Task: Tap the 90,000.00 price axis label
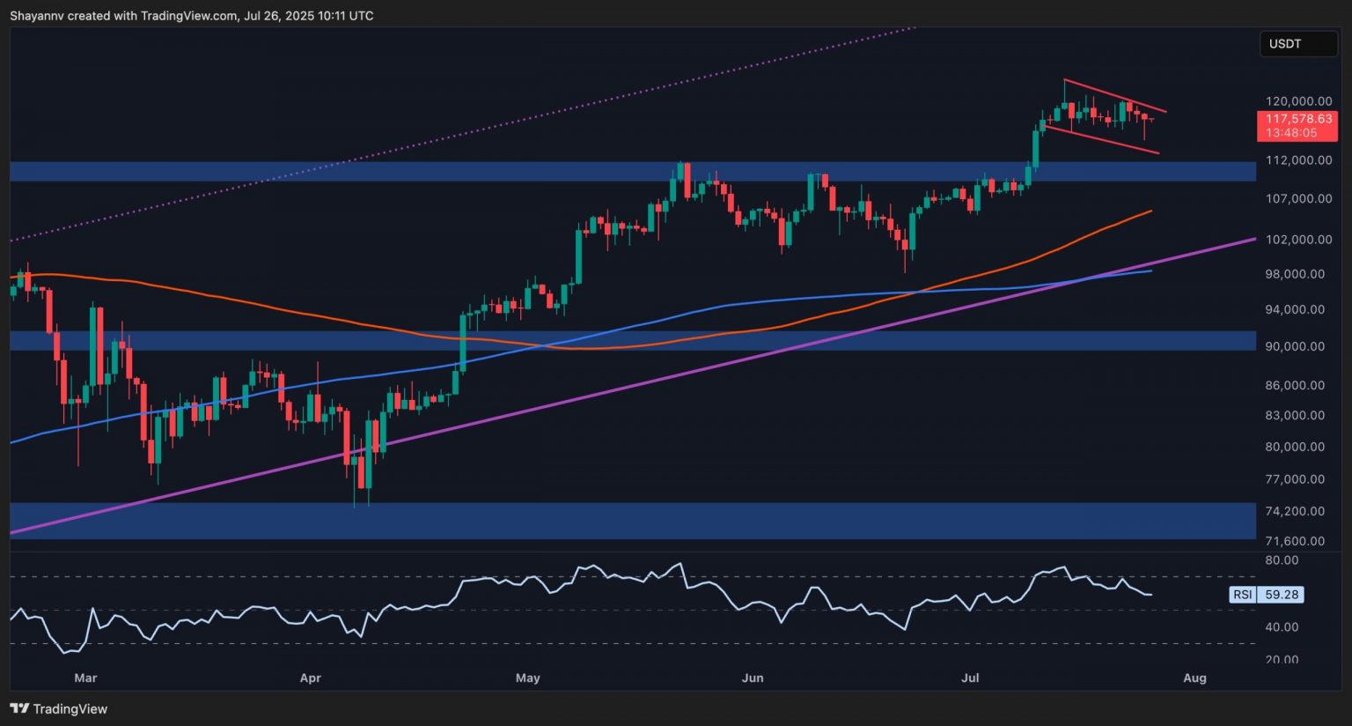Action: pos(1295,346)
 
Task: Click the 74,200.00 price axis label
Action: pos(1295,511)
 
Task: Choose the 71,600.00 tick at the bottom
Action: pos(1295,541)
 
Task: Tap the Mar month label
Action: pos(85,678)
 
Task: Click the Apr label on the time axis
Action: pos(310,678)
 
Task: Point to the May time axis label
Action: pos(527,678)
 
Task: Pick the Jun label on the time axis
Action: pos(753,678)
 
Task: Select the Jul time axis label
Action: pos(970,678)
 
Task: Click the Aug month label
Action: pos(1194,678)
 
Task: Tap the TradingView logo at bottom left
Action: pos(59,708)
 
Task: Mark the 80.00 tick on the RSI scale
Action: pos(1282,560)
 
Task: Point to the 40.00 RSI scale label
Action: pos(1282,627)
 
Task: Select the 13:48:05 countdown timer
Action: pos(1291,133)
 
